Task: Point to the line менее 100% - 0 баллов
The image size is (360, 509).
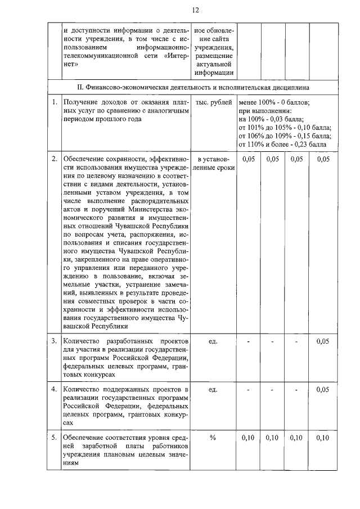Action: pos(281,103)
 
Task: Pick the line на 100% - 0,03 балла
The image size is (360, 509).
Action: pos(271,119)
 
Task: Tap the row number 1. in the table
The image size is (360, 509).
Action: pos(55,103)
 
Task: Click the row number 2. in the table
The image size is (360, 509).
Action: pos(55,160)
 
